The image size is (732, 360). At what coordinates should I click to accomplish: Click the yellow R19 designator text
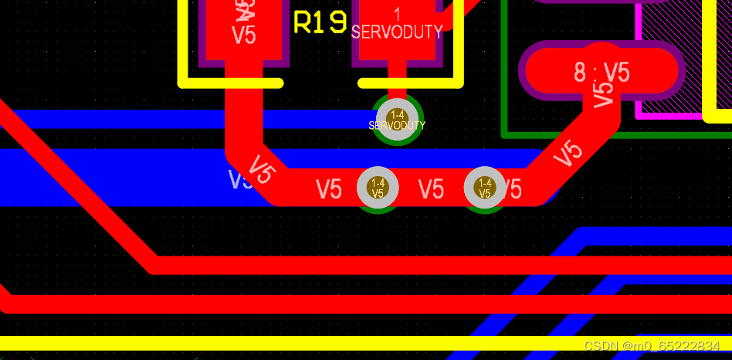(320, 22)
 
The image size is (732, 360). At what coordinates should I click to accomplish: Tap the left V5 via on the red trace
(378, 188)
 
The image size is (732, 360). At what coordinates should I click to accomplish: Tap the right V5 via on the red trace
(485, 188)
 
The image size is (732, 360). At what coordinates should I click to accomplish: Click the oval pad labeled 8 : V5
(602, 72)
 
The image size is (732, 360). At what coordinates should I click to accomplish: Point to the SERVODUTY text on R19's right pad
(397, 32)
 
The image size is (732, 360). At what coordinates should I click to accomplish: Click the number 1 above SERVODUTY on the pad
(397, 14)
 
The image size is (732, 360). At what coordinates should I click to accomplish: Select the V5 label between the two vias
(431, 189)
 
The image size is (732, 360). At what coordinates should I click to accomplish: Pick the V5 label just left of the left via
(329, 189)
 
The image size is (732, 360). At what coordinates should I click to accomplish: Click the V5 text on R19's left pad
(244, 36)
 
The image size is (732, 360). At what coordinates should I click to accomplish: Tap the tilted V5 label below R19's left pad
(262, 169)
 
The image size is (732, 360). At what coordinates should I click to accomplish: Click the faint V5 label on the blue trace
(240, 180)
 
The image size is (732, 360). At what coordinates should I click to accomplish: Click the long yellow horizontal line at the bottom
(309, 343)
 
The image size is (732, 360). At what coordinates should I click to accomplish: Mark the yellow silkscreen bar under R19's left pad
(231, 82)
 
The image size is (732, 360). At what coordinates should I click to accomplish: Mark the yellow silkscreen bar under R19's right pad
(410, 82)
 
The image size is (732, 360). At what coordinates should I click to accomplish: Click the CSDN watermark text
(652, 346)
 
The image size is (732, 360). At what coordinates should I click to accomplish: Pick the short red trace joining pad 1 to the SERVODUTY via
(397, 87)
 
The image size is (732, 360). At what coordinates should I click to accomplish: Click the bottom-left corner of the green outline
(505, 135)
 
